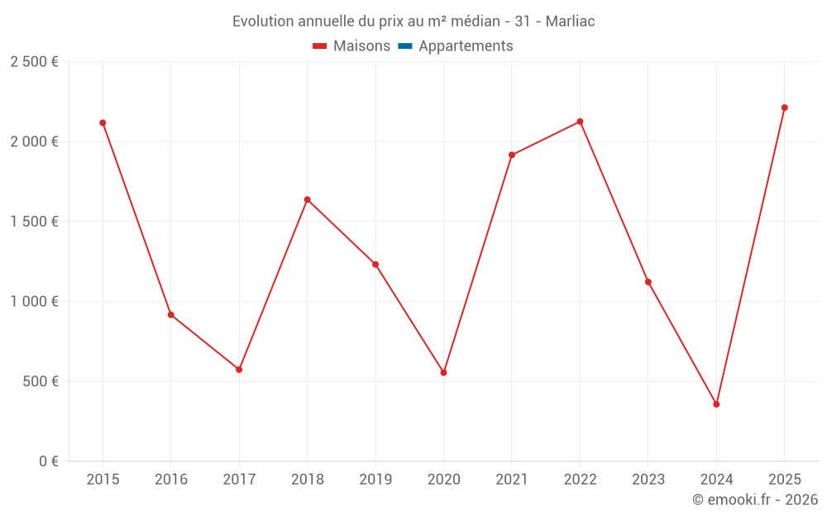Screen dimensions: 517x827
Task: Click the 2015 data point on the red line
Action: point(103,122)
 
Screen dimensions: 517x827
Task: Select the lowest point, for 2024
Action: point(716,405)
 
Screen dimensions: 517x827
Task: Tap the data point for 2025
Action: point(784,108)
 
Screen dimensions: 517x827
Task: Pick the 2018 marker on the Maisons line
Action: point(307,199)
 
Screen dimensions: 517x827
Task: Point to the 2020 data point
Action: point(443,372)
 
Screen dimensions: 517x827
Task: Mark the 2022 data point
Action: point(580,122)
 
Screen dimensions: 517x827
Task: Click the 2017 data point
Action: point(239,370)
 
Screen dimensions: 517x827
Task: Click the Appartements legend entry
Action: point(466,46)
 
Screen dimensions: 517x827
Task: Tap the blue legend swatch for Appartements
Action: point(405,46)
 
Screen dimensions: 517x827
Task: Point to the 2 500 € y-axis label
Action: point(34,62)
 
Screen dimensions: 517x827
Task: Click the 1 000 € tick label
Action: point(34,302)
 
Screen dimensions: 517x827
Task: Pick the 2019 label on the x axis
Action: point(375,479)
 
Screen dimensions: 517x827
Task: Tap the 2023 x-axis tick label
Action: point(648,479)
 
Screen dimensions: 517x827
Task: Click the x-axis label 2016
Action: point(171,479)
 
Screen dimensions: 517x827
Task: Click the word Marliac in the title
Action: point(570,22)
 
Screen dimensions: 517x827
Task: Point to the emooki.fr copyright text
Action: point(755,500)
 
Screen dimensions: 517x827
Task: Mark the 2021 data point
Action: point(512,155)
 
